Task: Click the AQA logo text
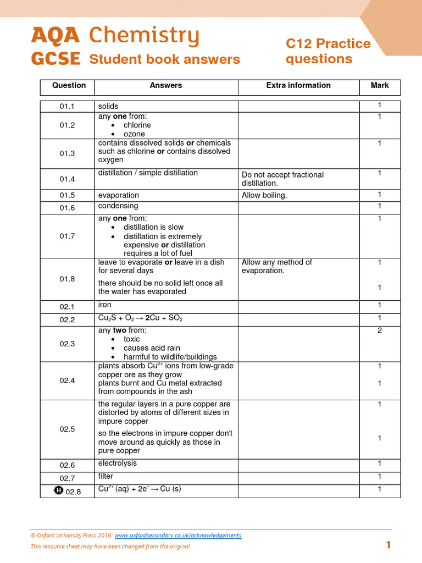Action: pyautogui.click(x=55, y=36)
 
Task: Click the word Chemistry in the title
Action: pyautogui.click(x=144, y=36)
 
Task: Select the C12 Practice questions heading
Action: pyautogui.click(x=328, y=51)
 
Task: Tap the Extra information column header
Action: pyautogui.click(x=298, y=86)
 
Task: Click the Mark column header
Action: pyautogui.click(x=380, y=86)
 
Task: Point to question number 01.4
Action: pyautogui.click(x=67, y=179)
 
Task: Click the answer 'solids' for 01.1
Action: pyautogui.click(x=108, y=106)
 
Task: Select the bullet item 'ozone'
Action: pyautogui.click(x=134, y=134)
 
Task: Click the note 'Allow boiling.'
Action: pyautogui.click(x=264, y=195)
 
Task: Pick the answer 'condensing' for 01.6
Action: pyautogui.click(x=118, y=206)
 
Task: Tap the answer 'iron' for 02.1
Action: pyautogui.click(x=105, y=305)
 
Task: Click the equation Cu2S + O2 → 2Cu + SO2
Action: pyautogui.click(x=140, y=319)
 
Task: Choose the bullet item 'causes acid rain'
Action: pyautogui.click(x=152, y=348)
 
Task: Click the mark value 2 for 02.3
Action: pyautogui.click(x=380, y=330)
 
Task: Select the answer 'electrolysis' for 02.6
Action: pyautogui.click(x=118, y=463)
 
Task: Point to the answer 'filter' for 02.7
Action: pyautogui.click(x=105, y=477)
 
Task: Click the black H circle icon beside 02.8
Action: pyautogui.click(x=59, y=492)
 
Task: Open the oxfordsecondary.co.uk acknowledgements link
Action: pyautogui.click(x=177, y=536)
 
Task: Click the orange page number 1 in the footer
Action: pyautogui.click(x=388, y=545)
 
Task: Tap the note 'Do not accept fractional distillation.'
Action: pyautogui.click(x=282, y=179)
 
